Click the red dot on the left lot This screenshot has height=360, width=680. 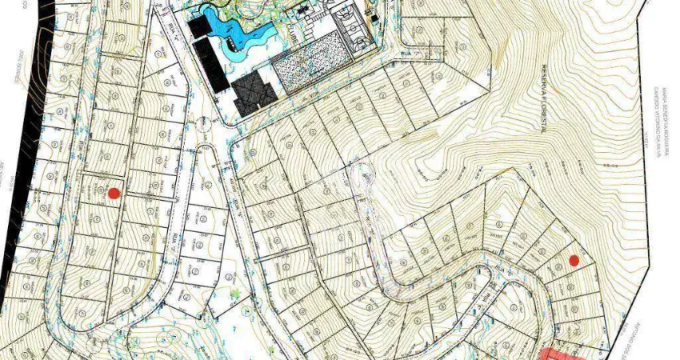pos(114,193)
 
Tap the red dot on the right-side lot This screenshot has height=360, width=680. pos(574,259)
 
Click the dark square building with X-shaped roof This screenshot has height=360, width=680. pos(255,93)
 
